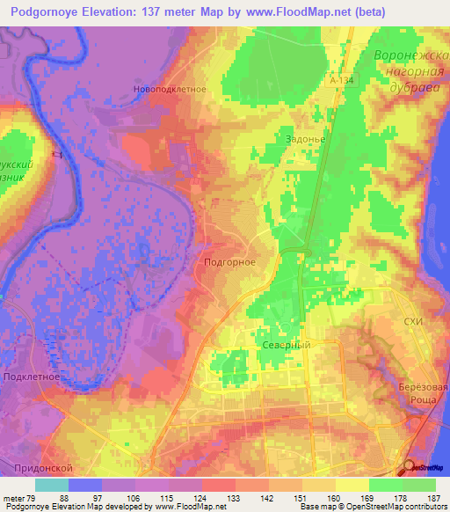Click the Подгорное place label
pyautogui.click(x=229, y=262)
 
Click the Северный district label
pyautogui.click(x=286, y=346)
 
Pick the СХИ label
pyautogui.click(x=413, y=323)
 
